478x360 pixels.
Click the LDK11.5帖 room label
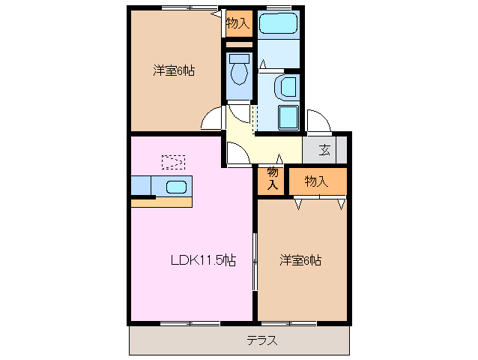point(203,261)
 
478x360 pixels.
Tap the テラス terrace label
point(262,340)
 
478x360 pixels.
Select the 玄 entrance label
point(324,149)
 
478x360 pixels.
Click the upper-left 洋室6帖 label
point(175,70)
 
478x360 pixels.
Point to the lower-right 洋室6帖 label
point(301,261)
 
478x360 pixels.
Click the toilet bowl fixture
point(239,72)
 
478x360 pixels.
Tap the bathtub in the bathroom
point(278,25)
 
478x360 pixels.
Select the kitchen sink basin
point(175,186)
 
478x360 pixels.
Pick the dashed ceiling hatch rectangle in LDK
point(173,160)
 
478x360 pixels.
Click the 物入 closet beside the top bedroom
point(238,24)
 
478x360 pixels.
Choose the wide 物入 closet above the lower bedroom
point(317,181)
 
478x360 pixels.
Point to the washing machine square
point(289,118)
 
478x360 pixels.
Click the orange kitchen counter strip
point(162,202)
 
